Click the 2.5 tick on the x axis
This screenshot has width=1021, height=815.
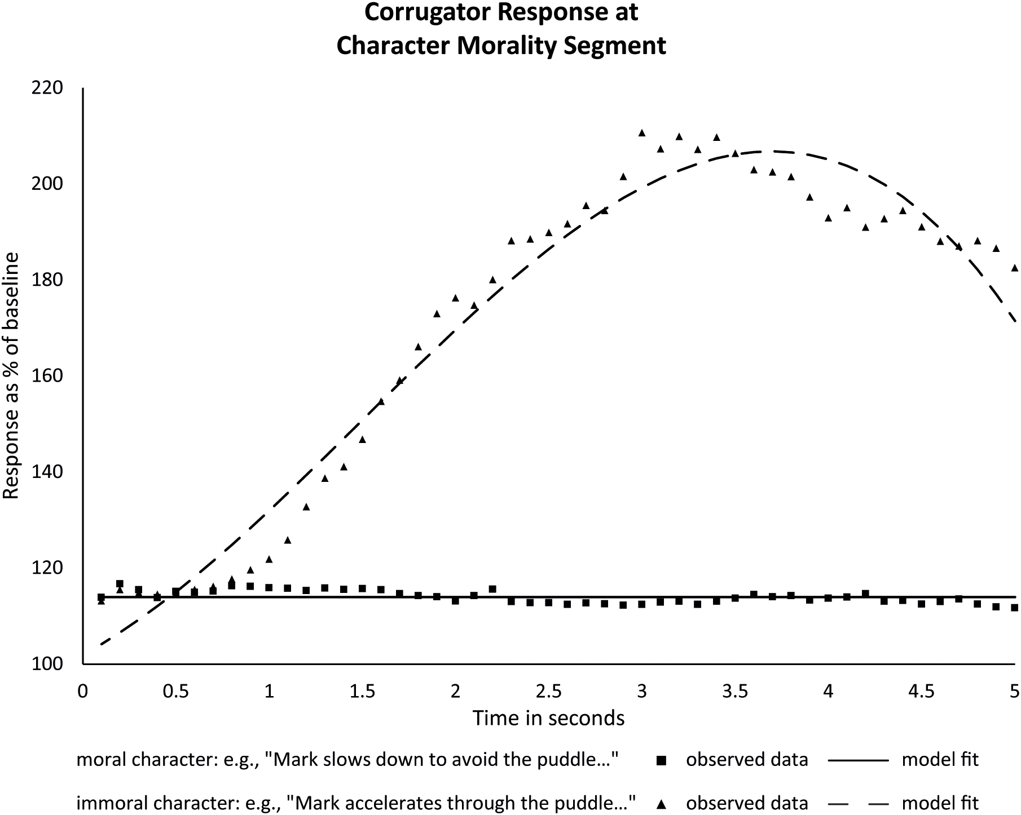click(x=548, y=691)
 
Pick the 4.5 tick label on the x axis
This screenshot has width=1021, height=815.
click(x=921, y=691)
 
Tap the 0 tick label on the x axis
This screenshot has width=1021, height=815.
click(x=83, y=691)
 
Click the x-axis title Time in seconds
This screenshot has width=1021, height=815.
click(x=548, y=718)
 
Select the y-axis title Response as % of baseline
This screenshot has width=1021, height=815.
click(x=11, y=376)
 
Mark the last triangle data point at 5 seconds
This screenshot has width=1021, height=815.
click(x=1015, y=268)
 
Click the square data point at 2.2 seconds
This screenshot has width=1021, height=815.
click(x=492, y=589)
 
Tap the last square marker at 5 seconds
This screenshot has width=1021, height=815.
click(x=1015, y=608)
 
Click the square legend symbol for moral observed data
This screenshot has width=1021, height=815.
click(x=662, y=761)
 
